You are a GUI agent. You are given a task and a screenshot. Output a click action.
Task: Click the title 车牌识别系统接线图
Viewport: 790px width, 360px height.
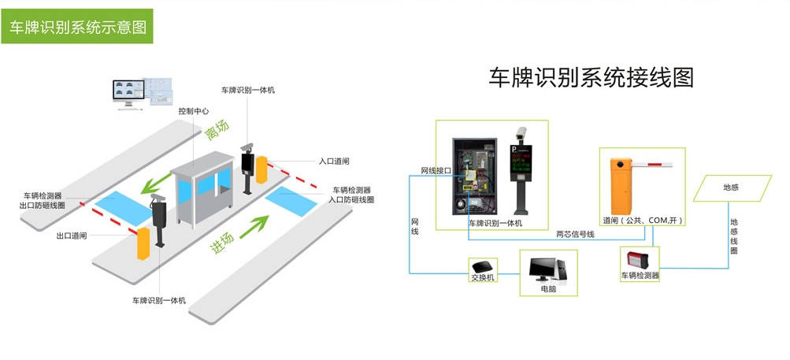click(591, 77)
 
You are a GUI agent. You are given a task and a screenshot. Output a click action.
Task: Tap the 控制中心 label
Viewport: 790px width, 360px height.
click(193, 111)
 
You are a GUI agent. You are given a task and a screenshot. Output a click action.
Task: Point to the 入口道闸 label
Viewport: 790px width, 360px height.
click(334, 161)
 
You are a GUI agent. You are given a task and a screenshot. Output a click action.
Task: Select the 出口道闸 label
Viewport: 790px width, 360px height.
click(72, 236)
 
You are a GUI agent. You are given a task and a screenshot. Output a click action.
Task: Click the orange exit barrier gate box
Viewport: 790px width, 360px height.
click(143, 246)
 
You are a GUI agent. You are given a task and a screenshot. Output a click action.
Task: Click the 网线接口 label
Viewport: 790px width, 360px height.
click(436, 170)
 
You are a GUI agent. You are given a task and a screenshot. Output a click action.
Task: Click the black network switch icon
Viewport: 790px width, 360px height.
click(482, 265)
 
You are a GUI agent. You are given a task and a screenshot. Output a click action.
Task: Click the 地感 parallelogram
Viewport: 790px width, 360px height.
click(731, 188)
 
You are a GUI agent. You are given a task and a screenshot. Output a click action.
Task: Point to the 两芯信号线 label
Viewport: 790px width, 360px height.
click(575, 234)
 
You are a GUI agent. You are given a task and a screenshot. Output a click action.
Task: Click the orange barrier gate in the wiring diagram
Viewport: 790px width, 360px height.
click(621, 189)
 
